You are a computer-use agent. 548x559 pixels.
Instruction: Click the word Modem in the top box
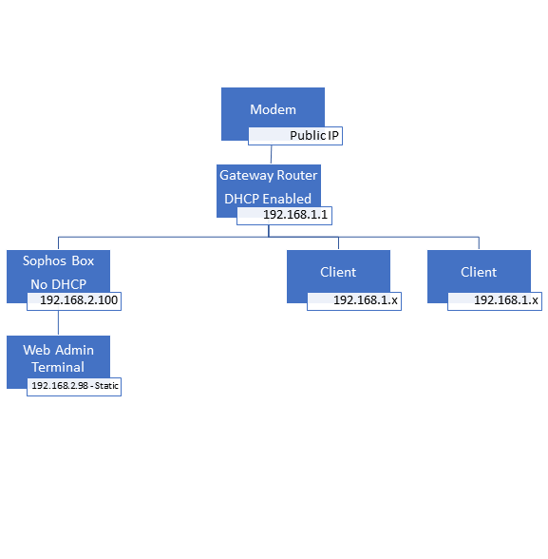(273, 109)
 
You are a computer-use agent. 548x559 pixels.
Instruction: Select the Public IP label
(295, 136)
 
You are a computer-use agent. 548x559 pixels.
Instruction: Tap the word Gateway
(246, 175)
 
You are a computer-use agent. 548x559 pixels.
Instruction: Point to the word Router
(297, 175)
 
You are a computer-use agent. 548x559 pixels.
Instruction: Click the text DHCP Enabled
(268, 199)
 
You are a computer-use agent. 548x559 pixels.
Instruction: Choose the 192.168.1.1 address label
(285, 215)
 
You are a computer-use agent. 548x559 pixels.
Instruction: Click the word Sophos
(45, 261)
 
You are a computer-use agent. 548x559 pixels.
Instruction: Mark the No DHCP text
(58, 284)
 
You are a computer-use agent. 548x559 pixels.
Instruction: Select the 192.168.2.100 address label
(74, 300)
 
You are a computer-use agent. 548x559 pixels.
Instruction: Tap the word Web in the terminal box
(36, 350)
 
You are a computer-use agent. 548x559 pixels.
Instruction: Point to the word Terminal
(58, 367)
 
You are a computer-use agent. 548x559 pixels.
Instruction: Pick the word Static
(106, 386)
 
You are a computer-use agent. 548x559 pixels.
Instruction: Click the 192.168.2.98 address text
(60, 386)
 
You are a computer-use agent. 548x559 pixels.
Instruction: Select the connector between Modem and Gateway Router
(272, 154)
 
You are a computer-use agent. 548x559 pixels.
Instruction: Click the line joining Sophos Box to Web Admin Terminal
(58, 322)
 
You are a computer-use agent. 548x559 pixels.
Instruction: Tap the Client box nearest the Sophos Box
(338, 277)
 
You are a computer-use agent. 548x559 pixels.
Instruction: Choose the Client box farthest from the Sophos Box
(479, 277)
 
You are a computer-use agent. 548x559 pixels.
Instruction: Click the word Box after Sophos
(83, 260)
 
